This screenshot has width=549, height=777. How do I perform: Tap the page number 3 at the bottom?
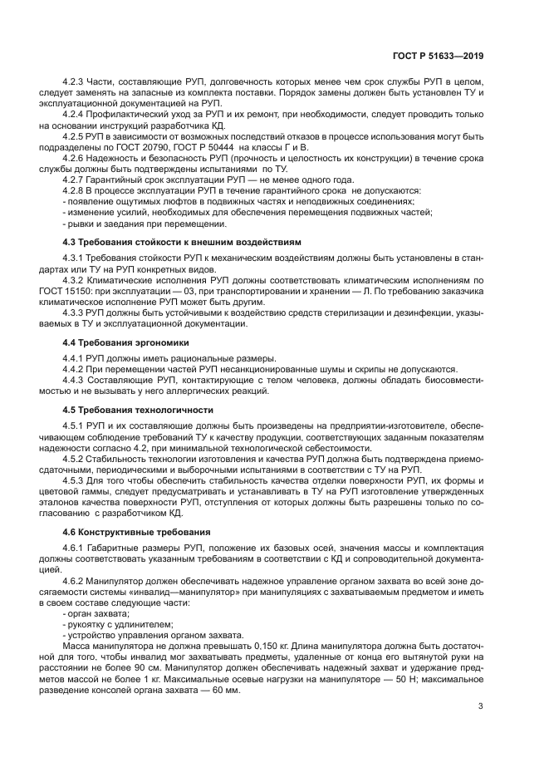[481, 706]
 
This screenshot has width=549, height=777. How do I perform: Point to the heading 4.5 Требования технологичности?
[139, 410]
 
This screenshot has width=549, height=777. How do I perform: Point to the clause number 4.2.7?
[76, 180]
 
